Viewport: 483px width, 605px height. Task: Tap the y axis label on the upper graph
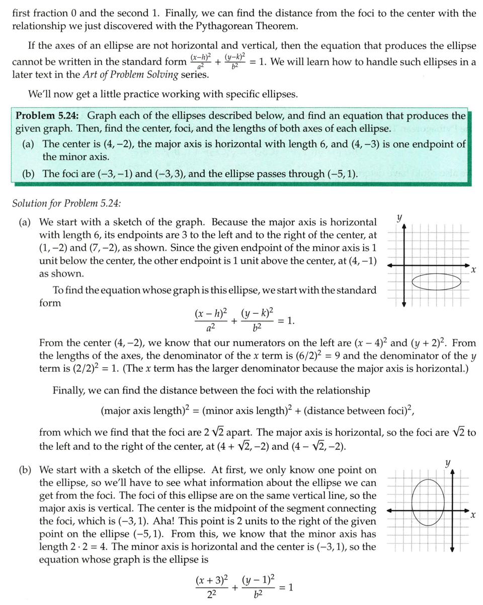pyautogui.click(x=399, y=218)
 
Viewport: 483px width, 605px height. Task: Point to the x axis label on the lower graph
pyautogui.click(x=472, y=516)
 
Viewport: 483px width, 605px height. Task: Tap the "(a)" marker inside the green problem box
pyautogui.click(x=29, y=144)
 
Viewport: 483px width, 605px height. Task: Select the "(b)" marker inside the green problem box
pyautogui.click(x=29, y=174)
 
